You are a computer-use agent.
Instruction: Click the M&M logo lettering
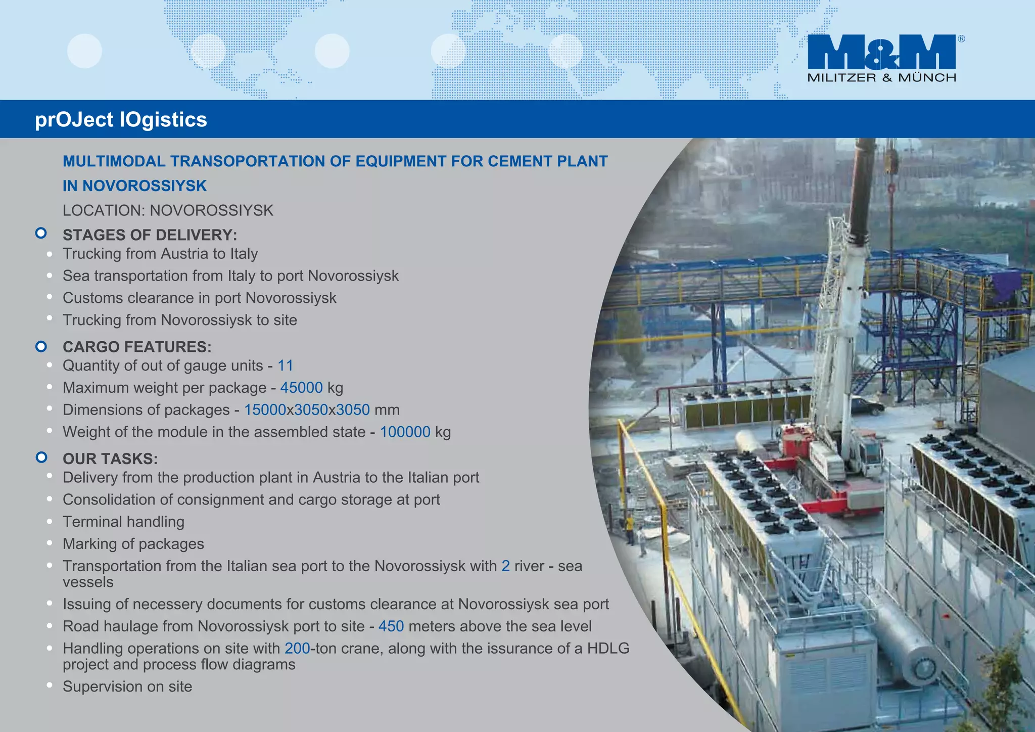coord(881,52)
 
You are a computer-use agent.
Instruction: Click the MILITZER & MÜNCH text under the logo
coord(881,78)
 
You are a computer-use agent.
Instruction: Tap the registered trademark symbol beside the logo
coord(961,39)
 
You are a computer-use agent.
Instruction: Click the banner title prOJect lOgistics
coord(121,120)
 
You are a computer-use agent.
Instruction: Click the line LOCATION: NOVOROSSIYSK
coord(168,210)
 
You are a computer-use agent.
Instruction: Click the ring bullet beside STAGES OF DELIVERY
coord(41,234)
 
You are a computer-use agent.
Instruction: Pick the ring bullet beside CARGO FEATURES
coord(41,346)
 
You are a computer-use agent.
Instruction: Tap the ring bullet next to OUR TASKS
coord(41,457)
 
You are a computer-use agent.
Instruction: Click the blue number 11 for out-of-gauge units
coord(285,365)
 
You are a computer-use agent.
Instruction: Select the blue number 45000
coord(301,388)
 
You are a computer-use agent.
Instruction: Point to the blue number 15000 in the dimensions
coord(265,410)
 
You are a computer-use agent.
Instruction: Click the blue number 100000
coord(405,432)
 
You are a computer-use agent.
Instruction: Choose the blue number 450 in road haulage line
coord(391,626)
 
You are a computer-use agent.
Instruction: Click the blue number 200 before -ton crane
coord(297,649)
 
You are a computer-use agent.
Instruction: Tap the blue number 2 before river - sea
coord(505,566)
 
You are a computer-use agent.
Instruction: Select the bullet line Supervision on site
coord(127,687)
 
